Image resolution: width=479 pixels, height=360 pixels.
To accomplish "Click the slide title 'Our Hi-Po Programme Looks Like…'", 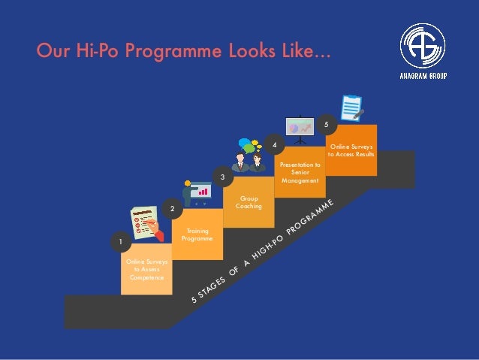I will coord(183,50).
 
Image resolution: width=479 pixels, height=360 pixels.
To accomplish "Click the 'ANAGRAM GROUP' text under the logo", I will coord(423,75).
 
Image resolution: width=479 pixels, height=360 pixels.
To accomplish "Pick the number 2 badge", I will coord(172,207).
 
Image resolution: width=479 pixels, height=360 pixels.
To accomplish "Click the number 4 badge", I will coord(275,143).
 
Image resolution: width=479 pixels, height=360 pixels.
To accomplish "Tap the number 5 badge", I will coord(326,123).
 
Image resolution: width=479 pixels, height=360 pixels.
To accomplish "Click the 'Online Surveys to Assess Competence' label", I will coord(146,269).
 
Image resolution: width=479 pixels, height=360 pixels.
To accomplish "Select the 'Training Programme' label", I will coord(197,234).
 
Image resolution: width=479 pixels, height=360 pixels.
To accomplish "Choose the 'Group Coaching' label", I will coord(249,202).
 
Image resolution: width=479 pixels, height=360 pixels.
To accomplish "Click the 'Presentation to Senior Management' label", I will coord(300,172).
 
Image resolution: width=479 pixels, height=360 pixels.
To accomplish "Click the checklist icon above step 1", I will coord(146,225).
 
